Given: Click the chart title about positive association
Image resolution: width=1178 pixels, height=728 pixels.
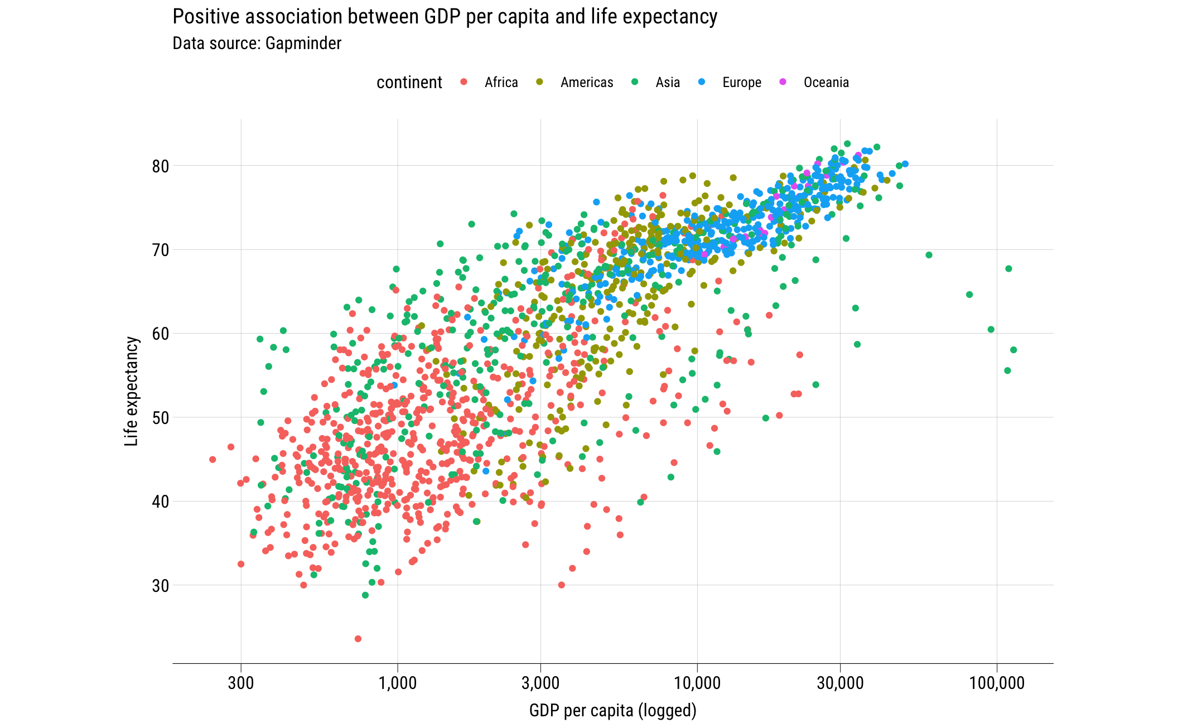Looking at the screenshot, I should [445, 17].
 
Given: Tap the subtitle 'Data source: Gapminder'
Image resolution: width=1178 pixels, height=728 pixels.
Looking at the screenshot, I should [257, 44].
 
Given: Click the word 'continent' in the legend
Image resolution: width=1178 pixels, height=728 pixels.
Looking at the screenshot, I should [409, 83].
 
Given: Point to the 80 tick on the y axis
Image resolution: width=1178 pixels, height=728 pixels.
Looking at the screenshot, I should [160, 166].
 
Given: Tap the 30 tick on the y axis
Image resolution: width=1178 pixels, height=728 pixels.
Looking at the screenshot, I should [160, 586].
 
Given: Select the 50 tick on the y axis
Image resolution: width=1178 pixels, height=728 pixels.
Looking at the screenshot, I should [160, 418].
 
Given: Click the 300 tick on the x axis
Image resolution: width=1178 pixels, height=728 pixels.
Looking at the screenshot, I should [241, 683].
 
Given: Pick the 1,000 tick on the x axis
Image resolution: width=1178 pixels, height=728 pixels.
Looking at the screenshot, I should [398, 683].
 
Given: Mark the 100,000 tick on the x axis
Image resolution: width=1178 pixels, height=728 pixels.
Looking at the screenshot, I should [997, 683].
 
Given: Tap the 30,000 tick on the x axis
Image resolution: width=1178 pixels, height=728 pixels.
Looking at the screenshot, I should [840, 683].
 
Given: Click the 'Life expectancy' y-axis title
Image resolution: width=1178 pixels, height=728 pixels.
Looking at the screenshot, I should [131, 391].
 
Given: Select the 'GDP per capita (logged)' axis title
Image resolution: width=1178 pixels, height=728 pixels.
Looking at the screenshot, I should [612, 711].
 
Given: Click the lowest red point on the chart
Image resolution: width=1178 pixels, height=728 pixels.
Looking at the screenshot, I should [358, 639].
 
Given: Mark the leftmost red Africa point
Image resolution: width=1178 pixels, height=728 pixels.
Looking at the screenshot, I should [213, 460].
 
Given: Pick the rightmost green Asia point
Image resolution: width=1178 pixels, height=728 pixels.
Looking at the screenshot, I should [1013, 350].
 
